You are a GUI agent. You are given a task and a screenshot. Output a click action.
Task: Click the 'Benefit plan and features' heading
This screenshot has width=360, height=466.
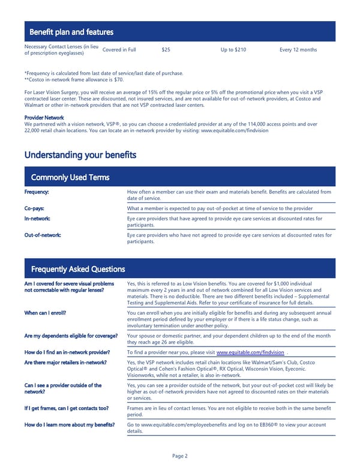pyautogui.click(x=71, y=32)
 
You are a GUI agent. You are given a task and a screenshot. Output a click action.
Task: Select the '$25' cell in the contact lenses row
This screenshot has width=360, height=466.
pyautogui.click(x=166, y=50)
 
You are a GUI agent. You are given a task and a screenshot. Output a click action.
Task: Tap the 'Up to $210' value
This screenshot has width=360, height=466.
pyautogui.click(x=233, y=50)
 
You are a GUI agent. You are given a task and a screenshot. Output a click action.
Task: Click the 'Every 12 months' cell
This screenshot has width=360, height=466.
pyautogui.click(x=298, y=50)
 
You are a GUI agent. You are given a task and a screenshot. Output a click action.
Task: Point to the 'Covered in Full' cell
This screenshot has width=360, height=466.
pyautogui.click(x=119, y=50)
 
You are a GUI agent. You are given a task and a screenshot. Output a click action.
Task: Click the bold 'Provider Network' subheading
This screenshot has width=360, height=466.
pyautogui.click(x=44, y=118)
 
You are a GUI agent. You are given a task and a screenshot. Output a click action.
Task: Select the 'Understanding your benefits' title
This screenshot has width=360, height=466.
pyautogui.click(x=80, y=155)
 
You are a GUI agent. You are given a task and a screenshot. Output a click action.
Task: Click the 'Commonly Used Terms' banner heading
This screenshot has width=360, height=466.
pyautogui.click(x=70, y=177)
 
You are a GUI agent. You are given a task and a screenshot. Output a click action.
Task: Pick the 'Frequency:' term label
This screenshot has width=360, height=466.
pyautogui.click(x=37, y=192)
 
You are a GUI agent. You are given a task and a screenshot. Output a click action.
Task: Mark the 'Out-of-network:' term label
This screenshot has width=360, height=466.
pyautogui.click(x=42, y=235)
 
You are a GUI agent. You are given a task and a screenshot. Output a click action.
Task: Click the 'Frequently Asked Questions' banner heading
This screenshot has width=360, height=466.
pyautogui.click(x=77, y=269)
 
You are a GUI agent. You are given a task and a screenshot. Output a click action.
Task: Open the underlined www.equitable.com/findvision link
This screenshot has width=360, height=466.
pyautogui.click(x=250, y=353)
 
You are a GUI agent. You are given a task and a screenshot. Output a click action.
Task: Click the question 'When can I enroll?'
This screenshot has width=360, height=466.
pyautogui.click(x=45, y=313)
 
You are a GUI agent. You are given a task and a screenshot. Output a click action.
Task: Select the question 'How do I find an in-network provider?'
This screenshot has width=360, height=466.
pyautogui.click(x=67, y=353)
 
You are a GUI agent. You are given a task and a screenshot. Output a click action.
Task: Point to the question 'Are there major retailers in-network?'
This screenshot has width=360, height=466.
pyautogui.click(x=65, y=363)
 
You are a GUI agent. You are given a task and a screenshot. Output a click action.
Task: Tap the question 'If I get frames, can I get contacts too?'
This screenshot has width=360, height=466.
pyautogui.click(x=66, y=408)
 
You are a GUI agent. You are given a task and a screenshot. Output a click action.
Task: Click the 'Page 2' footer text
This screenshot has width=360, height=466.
pyautogui.click(x=180, y=456)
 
